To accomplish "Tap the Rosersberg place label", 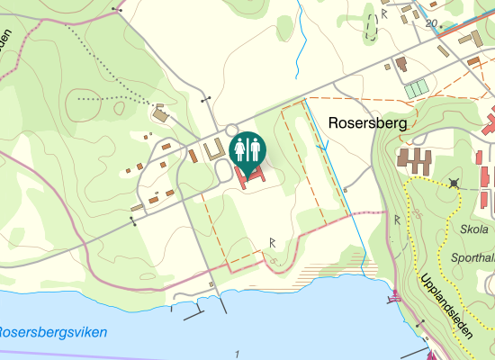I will click(369, 122).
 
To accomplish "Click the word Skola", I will click(474, 229).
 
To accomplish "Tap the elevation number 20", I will click(432, 23).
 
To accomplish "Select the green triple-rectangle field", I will click(416, 89).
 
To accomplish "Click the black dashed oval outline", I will click(371, 27).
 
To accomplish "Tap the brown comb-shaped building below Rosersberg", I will click(413, 162).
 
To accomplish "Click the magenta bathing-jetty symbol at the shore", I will click(392, 295).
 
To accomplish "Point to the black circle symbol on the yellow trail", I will click(454, 183).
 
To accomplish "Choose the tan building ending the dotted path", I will click(161, 115).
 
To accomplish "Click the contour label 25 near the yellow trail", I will click(419, 214).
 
